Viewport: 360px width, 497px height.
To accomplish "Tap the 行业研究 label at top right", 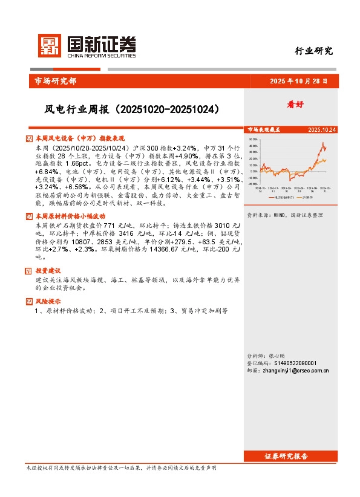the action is [313, 51].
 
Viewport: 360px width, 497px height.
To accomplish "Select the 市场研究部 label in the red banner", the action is [53, 81].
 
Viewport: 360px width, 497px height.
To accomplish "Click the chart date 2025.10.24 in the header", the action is [322, 130].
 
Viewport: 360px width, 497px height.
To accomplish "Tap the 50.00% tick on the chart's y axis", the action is [254, 139].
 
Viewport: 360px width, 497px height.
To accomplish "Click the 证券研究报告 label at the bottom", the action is [286, 456].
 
